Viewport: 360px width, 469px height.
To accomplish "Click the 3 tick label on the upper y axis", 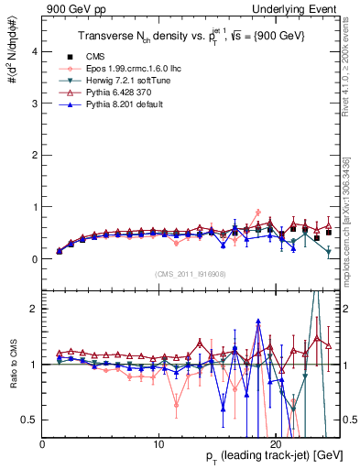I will tap(34, 104).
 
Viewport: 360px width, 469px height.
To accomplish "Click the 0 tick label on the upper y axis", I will tap(34, 259).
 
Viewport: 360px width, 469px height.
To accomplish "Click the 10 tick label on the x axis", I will tap(158, 443).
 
